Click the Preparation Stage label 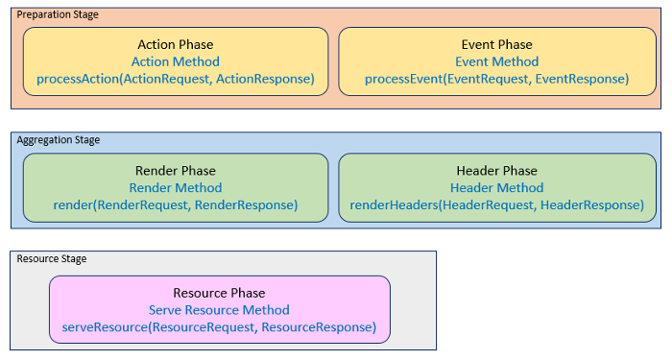58,14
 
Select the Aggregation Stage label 59,140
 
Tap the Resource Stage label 52,259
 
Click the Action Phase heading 176,44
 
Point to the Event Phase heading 496,44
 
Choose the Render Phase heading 176,171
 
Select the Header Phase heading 496,171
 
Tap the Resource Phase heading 219,293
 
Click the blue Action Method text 176,61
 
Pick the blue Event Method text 496,61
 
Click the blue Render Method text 176,188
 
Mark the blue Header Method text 496,188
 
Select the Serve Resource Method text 219,310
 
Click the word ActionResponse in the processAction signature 264,79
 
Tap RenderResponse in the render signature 244,204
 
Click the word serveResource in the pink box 105,327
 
